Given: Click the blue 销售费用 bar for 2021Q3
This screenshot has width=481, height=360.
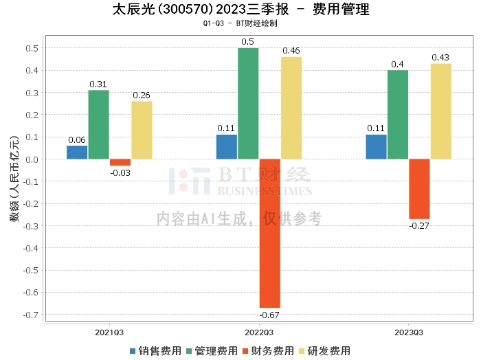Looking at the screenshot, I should click(77, 152).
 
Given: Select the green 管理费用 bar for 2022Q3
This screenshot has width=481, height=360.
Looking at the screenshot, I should click(248, 103).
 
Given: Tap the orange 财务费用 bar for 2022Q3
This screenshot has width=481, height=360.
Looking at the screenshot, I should click(269, 233).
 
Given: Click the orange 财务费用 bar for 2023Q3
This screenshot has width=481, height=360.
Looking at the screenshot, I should click(419, 189).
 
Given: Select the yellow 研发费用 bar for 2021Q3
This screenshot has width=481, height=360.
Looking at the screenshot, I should click(142, 130).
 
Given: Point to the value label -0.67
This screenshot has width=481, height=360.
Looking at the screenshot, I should click(269, 315).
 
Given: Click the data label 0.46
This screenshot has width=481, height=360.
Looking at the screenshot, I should click(291, 51).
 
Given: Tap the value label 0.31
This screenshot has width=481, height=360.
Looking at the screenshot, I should click(98, 85).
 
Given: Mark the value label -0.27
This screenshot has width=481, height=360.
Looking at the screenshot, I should click(419, 225).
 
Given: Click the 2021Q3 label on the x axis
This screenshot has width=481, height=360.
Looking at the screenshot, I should click(109, 333).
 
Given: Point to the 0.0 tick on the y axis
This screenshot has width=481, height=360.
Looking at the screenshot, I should click(32, 159).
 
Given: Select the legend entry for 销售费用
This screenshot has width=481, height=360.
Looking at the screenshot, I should click(155, 350).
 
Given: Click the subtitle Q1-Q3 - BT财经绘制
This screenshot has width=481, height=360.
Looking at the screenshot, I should click(240, 23).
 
